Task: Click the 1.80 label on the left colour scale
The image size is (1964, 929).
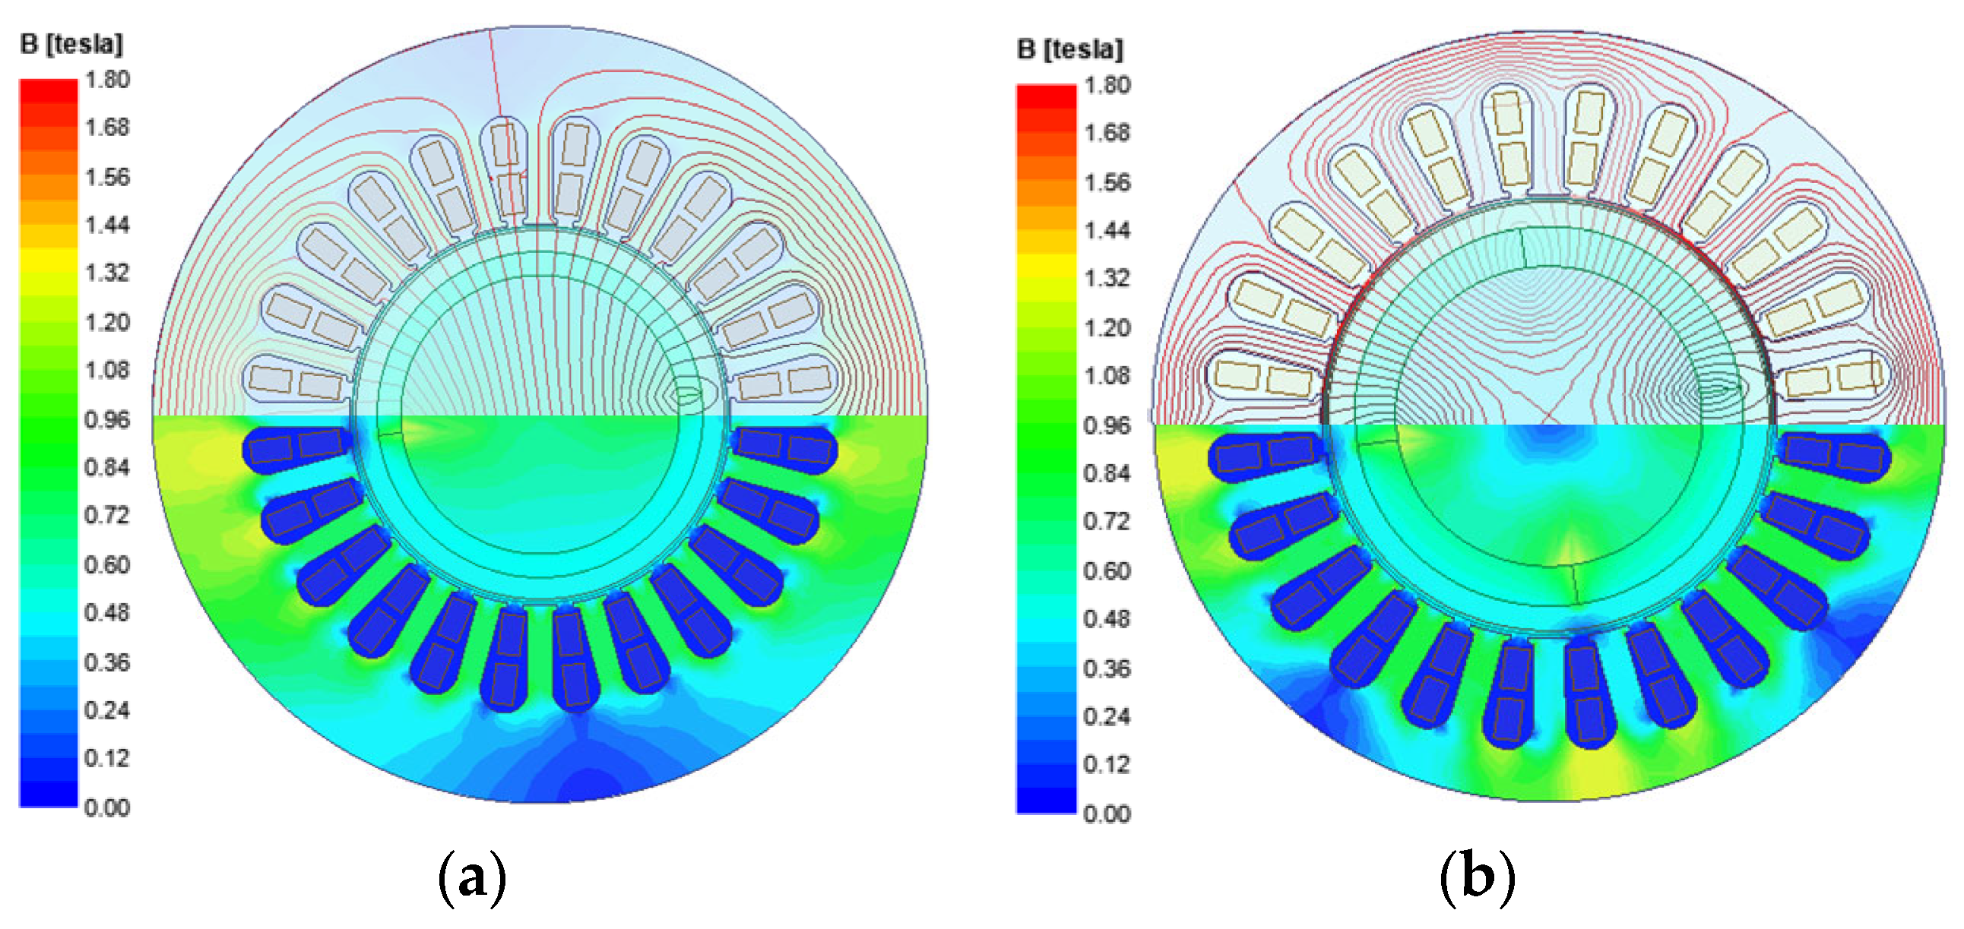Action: click(107, 79)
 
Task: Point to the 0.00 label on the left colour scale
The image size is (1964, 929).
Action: click(107, 807)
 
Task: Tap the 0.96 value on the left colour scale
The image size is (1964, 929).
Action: click(107, 419)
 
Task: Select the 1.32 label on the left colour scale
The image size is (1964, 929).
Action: click(107, 272)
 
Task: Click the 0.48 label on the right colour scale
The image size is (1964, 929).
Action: click(1107, 619)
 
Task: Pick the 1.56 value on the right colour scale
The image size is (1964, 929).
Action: click(1107, 182)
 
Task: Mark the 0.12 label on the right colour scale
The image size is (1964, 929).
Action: click(1107, 764)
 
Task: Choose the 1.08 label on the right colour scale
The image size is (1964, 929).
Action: click(1107, 376)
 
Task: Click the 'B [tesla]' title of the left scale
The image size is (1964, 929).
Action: click(71, 44)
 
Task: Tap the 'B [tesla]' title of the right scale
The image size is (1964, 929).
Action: click(1070, 49)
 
